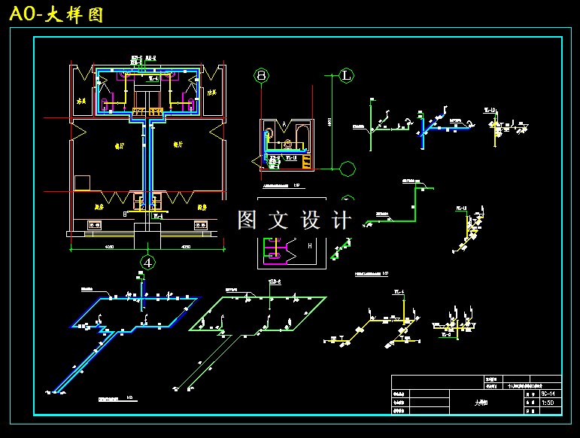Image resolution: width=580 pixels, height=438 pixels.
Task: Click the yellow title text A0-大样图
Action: pos(56,14)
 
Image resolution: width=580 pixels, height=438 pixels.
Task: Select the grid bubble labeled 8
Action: pos(261,75)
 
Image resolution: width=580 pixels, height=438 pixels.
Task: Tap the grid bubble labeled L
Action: pos(346,75)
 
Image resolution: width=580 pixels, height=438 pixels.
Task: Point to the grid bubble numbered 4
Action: pos(149,262)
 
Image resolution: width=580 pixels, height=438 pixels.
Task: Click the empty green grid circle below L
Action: pos(348,169)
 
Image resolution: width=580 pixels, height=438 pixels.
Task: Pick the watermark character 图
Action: pos(248,220)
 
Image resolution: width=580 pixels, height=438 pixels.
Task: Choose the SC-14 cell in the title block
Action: pos(548,394)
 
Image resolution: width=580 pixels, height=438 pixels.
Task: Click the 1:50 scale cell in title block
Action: pos(548,403)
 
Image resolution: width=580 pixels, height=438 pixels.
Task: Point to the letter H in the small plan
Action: pos(310,245)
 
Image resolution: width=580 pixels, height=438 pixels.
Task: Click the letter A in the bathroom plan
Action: pos(286,125)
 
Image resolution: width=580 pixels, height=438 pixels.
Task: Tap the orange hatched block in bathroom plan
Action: pos(306,160)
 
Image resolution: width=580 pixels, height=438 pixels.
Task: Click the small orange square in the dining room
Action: pos(82,183)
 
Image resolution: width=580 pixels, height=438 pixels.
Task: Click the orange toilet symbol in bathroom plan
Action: pos(287,141)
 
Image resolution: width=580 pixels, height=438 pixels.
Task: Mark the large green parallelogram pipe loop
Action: pos(260,312)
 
